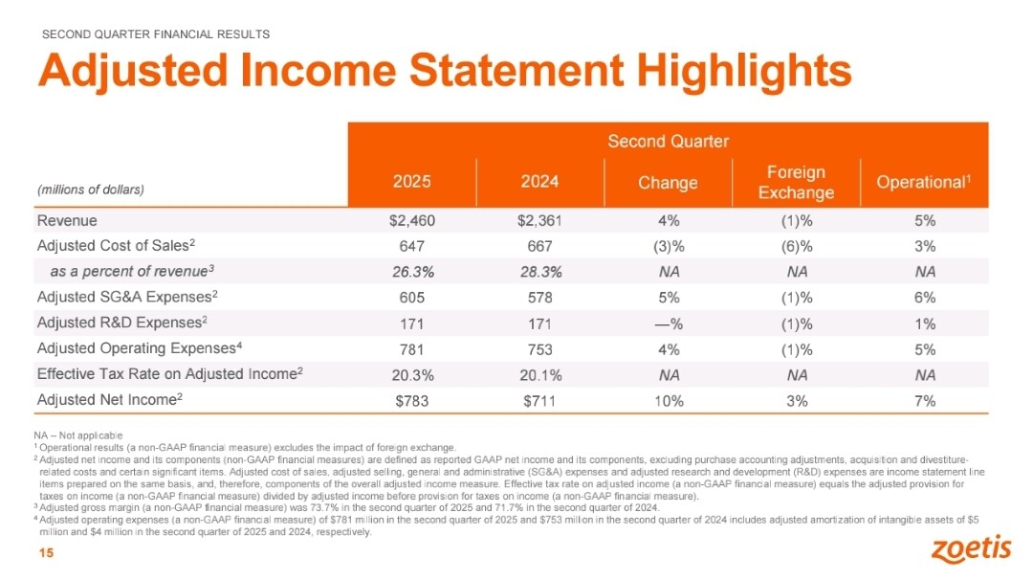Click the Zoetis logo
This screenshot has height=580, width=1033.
coord(971,549)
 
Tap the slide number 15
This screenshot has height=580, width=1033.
coord(46,553)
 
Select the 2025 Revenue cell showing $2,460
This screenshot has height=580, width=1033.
coord(411,221)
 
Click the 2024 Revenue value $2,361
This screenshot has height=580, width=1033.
coord(539,221)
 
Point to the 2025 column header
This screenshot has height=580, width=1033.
coord(411,181)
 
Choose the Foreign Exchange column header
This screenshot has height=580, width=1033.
coord(796,182)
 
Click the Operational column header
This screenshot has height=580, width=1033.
coord(924,182)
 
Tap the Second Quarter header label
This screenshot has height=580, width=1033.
coord(668,141)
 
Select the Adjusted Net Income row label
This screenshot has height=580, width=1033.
coord(109,399)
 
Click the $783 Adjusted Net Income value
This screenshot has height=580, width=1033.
coord(411,401)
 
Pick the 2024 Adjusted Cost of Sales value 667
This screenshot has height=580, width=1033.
coord(539,247)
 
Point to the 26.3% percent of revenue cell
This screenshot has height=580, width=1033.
coord(412,272)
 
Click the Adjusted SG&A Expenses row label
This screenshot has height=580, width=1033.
coord(127,298)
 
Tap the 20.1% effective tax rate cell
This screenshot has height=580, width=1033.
coord(540,375)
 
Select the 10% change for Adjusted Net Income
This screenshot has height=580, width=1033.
coord(669,401)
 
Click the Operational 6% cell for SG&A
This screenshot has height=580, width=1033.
coord(925,298)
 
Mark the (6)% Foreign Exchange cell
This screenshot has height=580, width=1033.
coord(797,247)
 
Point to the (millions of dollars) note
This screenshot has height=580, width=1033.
coord(91,190)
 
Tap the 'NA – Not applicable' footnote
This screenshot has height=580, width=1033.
coord(78,435)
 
